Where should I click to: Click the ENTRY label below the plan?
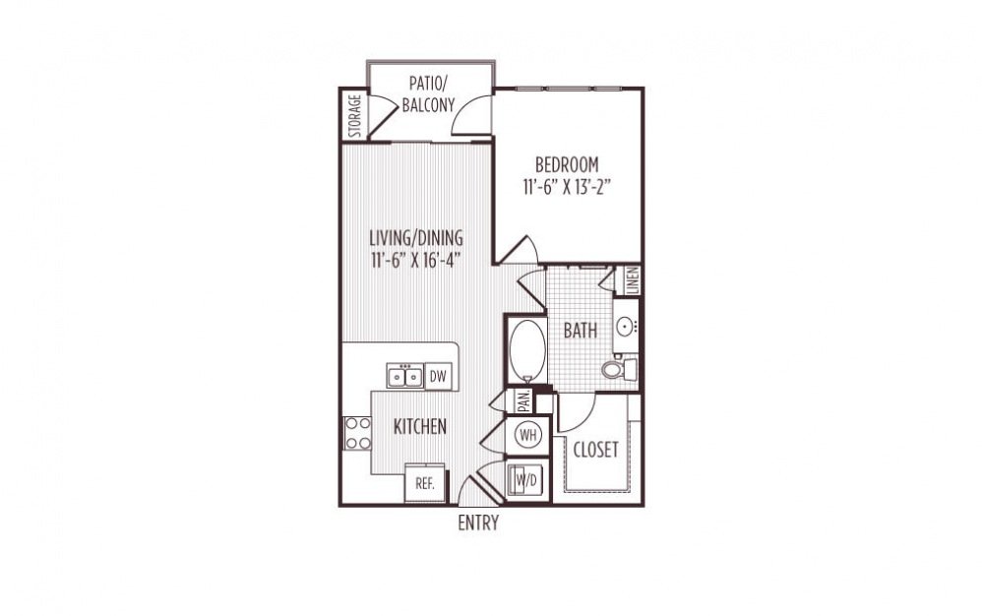[478, 524]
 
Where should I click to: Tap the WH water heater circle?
[526, 433]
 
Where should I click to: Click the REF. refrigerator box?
[425, 484]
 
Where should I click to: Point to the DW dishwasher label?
[438, 375]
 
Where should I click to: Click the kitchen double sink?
[404, 376]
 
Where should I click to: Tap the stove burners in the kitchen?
[356, 434]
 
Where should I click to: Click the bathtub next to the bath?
[526, 349]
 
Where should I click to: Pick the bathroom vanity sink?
[627, 324]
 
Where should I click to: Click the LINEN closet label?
[632, 280]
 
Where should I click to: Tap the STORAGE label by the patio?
[354, 116]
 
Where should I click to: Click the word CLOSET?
[596, 450]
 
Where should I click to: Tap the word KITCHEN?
[420, 427]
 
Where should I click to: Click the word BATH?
[580, 331]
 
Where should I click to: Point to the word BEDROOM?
[566, 163]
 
